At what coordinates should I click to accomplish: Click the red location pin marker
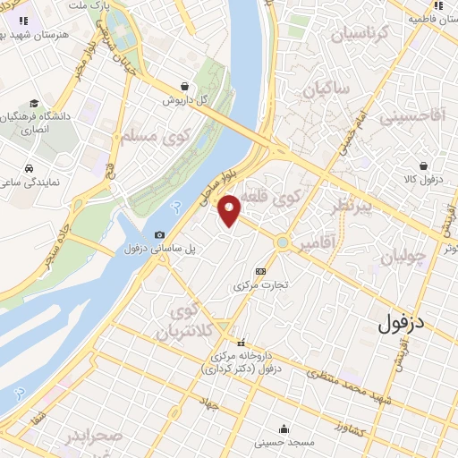click(x=230, y=208)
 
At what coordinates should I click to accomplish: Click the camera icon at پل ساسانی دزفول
click(x=159, y=234)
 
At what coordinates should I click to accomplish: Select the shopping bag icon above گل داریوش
click(x=184, y=87)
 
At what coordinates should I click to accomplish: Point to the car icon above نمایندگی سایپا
click(x=29, y=168)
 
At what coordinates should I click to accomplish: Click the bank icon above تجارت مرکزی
click(x=260, y=271)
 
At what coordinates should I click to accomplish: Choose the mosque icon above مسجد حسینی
click(x=284, y=428)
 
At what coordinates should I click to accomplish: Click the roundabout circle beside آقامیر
click(x=284, y=242)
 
